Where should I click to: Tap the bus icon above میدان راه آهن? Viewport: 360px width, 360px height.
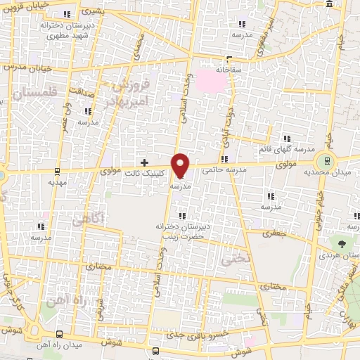pyautogui.click(x=58, y=335)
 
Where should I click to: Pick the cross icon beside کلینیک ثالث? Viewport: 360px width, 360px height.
pyautogui.click(x=145, y=162)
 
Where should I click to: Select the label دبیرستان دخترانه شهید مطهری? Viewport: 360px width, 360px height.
pyautogui.click(x=67, y=29)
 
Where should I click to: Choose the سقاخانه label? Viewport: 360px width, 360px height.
pyautogui.click(x=229, y=70)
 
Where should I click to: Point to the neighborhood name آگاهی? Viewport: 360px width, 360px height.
pyautogui.click(x=87, y=220)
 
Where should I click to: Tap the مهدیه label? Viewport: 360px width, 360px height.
pyautogui.click(x=57, y=181)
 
